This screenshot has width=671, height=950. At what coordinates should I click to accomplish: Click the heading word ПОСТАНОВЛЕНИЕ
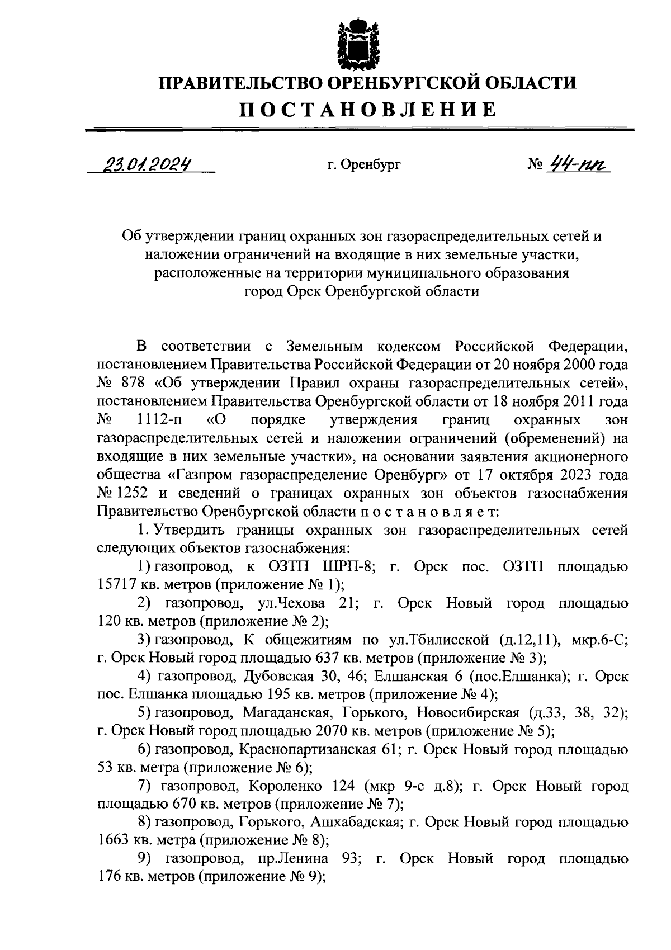368,109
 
